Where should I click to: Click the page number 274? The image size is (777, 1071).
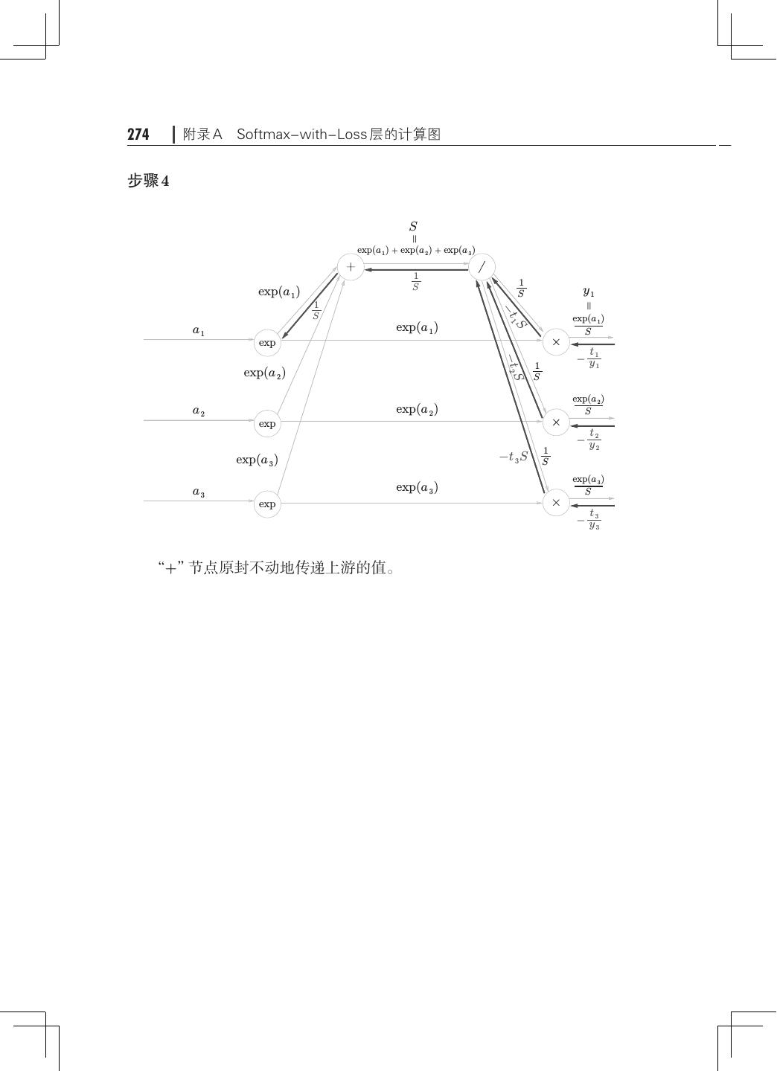point(138,135)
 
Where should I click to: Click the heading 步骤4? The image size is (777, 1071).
point(148,181)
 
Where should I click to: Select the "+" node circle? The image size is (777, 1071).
point(351,267)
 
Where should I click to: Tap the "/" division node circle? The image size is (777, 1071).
point(482,267)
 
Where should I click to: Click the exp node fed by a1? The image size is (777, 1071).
point(267,343)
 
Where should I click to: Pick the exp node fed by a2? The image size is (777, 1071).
point(267,424)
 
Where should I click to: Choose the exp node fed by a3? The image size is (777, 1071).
point(267,504)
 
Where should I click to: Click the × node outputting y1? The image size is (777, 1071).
point(556,342)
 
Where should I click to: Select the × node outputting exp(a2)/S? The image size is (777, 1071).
point(556,422)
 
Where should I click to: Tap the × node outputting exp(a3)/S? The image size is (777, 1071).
point(556,504)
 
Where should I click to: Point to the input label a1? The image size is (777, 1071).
point(199,331)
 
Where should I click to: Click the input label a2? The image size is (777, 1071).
point(199,411)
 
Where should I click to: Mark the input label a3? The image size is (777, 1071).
point(199,492)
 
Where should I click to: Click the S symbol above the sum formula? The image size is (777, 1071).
point(414,226)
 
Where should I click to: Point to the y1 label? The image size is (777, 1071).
point(589,292)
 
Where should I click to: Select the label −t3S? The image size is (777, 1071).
point(514,457)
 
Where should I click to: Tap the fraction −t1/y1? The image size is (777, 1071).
point(589,358)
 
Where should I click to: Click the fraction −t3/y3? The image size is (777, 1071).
point(589,520)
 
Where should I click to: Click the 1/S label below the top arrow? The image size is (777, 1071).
point(416,282)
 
